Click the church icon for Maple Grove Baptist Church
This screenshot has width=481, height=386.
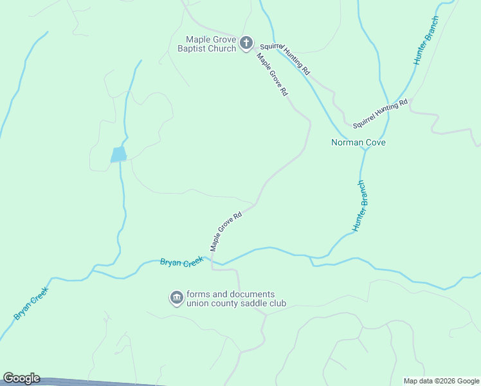pyautogui.click(x=246, y=43)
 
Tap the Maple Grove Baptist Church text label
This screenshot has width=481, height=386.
pyautogui.click(x=210, y=44)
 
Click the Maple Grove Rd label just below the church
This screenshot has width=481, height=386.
pyautogui.click(x=272, y=75)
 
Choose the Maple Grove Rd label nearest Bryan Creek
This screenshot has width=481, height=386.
pyautogui.click(x=226, y=232)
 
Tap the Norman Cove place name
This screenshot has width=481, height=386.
pyautogui.click(x=358, y=142)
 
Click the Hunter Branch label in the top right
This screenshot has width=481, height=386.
pyautogui.click(x=425, y=40)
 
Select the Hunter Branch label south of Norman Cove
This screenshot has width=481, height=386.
pyautogui.click(x=361, y=207)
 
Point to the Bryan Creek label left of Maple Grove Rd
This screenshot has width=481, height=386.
pyautogui.click(x=181, y=262)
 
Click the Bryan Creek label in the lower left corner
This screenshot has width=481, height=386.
pyautogui.click(x=30, y=304)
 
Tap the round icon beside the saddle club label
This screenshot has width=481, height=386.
pyautogui.click(x=176, y=298)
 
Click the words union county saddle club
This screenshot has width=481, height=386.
pyautogui.click(x=236, y=303)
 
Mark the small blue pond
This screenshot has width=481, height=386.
pyautogui.click(x=118, y=154)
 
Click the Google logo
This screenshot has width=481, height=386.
pyautogui.click(x=21, y=378)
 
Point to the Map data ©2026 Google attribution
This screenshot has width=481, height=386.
pyautogui.click(x=441, y=381)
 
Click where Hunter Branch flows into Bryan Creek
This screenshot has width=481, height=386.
pyautogui.click(x=313, y=259)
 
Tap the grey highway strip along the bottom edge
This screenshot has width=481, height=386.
pyautogui.click(x=96, y=382)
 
